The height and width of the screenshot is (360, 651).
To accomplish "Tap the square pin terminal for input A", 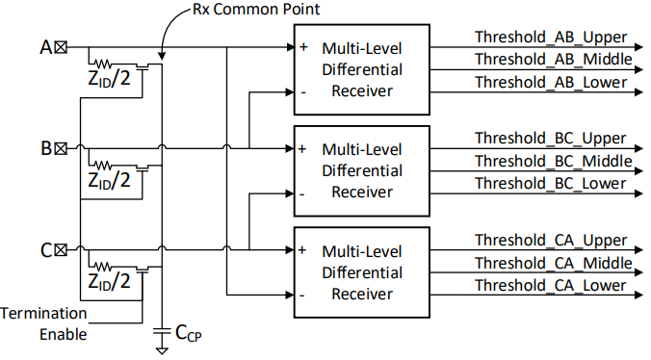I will coord(61,46).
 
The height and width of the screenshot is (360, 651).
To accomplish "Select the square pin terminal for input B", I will coord(61,148).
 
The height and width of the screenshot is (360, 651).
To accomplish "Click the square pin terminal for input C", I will coord(61,250).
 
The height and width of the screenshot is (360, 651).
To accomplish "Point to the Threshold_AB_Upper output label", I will coord(550,37).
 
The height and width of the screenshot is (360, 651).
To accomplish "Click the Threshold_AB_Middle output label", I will coord(553,59).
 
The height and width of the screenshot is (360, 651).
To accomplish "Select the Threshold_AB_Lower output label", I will coord(550,82).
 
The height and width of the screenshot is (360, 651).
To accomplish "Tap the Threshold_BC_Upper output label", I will coord(550,138).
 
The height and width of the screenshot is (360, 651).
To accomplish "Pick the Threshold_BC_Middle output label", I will coord(553,160).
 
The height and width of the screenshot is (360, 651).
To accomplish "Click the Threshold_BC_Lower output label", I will coord(550,183).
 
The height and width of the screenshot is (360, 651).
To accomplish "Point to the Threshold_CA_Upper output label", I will coord(550,240).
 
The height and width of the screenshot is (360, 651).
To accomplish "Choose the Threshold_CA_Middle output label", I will coord(553,262).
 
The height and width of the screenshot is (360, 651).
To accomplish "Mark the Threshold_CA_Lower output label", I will coord(550,285).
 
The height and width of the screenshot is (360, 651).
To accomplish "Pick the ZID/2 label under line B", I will coord(109,180).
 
